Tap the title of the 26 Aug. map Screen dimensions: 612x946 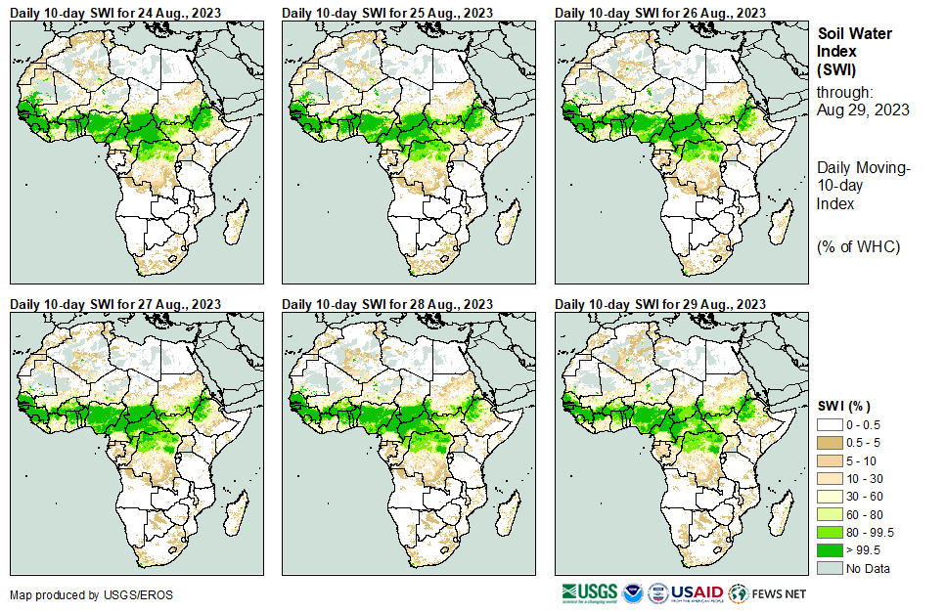653,13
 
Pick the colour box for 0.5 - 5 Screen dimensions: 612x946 830,444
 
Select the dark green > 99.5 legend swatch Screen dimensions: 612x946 830,549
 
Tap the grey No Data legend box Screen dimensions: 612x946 830,568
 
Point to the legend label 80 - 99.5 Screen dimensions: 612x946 873,532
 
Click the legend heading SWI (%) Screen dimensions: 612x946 844,406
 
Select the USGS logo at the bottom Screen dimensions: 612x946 590,592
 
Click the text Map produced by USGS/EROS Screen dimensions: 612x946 78,594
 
